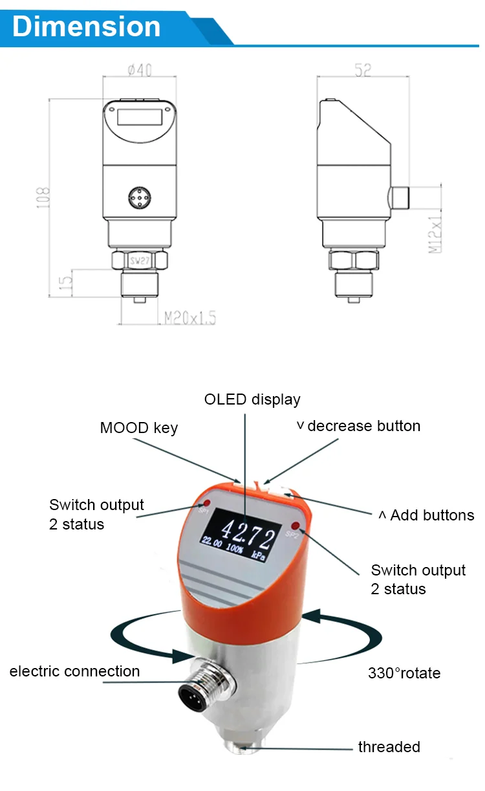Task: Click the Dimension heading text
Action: coord(86,27)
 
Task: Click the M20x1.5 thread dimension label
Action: coord(189,318)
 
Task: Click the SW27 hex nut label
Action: coord(140,261)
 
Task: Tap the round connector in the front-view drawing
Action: coord(140,197)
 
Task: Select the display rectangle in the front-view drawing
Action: coord(140,118)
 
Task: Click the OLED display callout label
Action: coord(252,399)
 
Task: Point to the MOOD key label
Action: coord(138,428)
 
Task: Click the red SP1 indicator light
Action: coord(207,503)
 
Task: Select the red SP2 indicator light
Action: coord(296,525)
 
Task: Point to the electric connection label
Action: coord(74,671)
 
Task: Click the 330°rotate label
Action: coord(404,673)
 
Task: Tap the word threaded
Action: coord(389,747)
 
